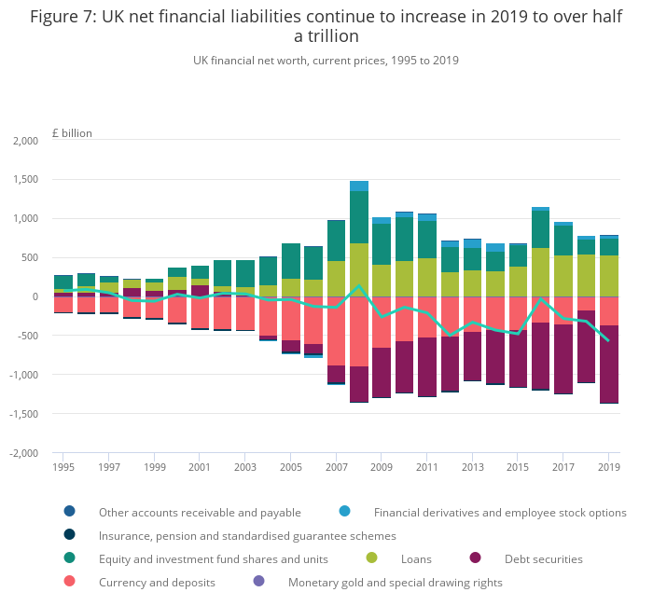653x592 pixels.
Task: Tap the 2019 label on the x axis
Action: click(x=608, y=466)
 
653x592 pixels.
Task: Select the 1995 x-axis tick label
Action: click(x=63, y=466)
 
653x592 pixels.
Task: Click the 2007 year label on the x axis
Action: click(x=336, y=466)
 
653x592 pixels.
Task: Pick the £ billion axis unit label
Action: click(x=72, y=133)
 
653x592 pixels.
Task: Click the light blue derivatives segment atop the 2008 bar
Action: click(x=359, y=186)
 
